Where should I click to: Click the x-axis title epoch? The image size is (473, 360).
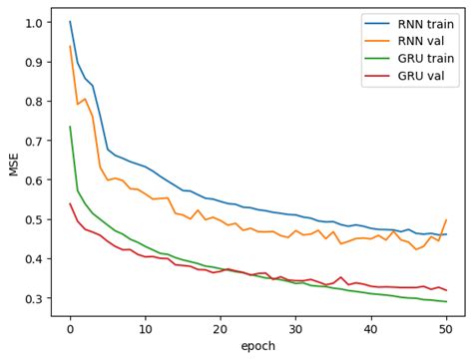click(x=257, y=346)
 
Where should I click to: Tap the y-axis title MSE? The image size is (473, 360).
click(x=14, y=164)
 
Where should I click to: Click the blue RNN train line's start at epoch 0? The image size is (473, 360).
click(x=70, y=22)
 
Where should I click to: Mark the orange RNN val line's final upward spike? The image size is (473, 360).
click(x=446, y=219)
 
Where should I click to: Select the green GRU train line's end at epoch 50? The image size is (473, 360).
click(x=446, y=302)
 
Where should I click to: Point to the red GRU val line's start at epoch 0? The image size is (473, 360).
click(x=70, y=203)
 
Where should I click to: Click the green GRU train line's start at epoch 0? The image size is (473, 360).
click(x=70, y=127)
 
